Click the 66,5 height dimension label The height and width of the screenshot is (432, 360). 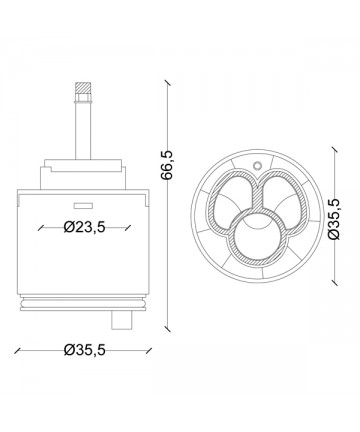[x=167, y=165]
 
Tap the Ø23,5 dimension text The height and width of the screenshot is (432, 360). [x=84, y=227]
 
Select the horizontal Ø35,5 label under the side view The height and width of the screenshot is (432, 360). [x=84, y=350]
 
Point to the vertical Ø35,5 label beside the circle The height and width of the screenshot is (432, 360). [x=334, y=219]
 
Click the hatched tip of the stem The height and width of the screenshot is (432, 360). [x=83, y=88]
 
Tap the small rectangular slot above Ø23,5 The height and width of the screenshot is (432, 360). [x=83, y=206]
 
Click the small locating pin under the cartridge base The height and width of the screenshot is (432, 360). [x=121, y=320]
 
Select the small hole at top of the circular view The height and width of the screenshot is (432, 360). [x=257, y=165]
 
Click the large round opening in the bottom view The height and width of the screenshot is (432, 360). [x=256, y=238]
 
